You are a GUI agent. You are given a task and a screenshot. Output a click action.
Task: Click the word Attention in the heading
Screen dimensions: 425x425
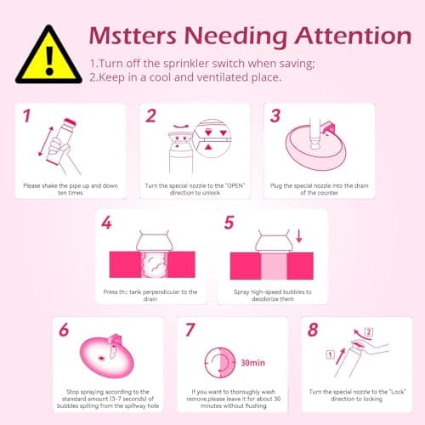[x=354, y=37]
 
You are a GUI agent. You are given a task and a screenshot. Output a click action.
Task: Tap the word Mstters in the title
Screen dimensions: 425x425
[x=133, y=36]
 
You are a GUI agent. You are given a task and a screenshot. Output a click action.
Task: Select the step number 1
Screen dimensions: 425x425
[x=26, y=116]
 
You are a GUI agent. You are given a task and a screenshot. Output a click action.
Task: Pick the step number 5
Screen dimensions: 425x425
[x=229, y=223]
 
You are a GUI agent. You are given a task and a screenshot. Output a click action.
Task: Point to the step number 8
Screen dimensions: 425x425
[x=313, y=330]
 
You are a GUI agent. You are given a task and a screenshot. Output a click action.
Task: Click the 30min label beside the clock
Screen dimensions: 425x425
[x=252, y=363]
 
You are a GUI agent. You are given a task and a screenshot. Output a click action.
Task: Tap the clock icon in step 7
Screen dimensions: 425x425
[x=220, y=363]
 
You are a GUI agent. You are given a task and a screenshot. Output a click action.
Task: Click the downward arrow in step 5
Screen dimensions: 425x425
[x=299, y=236]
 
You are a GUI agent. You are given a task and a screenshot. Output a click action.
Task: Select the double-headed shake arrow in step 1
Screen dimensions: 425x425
[x=46, y=141]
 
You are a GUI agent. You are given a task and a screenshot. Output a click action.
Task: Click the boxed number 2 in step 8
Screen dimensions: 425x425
[x=368, y=331]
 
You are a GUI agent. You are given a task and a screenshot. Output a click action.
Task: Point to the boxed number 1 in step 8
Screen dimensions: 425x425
[x=331, y=354]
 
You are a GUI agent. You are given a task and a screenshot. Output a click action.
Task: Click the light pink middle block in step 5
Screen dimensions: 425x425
[x=274, y=266]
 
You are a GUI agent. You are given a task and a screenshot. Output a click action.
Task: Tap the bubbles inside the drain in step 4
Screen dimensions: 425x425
[x=155, y=265]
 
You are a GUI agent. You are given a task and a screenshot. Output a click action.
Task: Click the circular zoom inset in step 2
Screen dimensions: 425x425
[x=212, y=139]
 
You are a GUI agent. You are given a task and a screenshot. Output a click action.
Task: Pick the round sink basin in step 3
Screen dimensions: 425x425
[x=315, y=148]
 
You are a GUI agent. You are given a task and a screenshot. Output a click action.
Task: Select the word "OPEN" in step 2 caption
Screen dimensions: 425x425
[x=235, y=186]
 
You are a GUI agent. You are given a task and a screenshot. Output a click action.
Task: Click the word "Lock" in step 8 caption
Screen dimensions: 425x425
[x=398, y=392]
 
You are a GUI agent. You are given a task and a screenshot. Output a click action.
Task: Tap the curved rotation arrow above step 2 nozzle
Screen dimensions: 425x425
[x=181, y=127]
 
